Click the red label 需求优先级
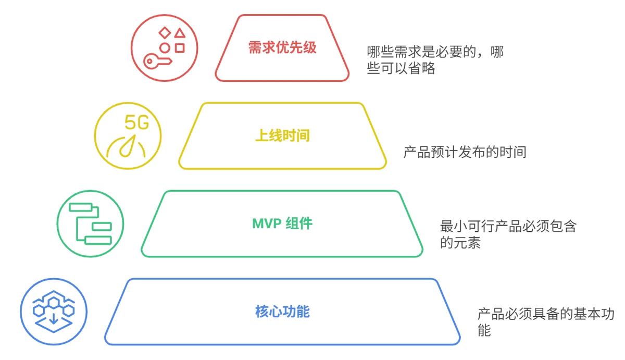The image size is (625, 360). coord(282,48)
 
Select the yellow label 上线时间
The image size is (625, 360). coord(282,136)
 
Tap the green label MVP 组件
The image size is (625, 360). coord(282,224)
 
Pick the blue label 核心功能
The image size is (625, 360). coord(282,312)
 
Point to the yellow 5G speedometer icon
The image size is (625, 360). coord(128,136)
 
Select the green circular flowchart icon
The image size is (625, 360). coord(90,224)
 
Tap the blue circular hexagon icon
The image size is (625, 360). coord(54,312)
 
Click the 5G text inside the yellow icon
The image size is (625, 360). coord(136,123)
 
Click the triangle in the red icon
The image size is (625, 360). coord(180,33)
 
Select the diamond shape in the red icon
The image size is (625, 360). coord(165,33)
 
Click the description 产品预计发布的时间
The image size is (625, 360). coord(465,152)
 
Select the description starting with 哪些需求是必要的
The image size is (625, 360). coord(434,60)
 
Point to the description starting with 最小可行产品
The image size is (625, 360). coord(508,234)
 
